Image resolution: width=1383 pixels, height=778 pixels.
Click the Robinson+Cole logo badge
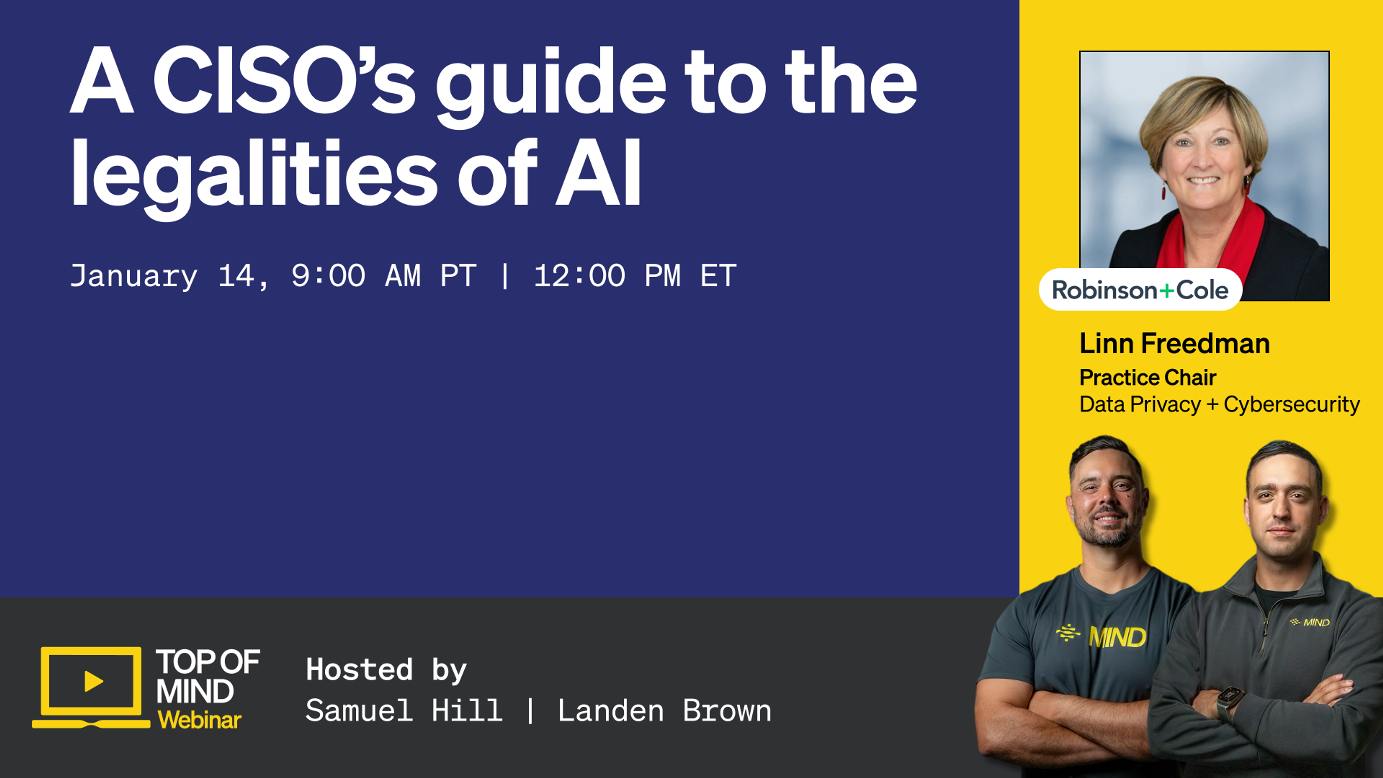click(x=1140, y=290)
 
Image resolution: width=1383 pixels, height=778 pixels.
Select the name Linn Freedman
click(x=1174, y=344)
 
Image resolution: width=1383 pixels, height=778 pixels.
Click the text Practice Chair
click(x=1147, y=377)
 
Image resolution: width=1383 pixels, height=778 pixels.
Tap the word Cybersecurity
click(x=1291, y=404)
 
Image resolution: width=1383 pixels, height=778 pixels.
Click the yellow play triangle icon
click(x=93, y=681)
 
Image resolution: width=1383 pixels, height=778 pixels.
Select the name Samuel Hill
click(x=404, y=711)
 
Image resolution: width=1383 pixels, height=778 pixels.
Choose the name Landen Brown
click(x=664, y=711)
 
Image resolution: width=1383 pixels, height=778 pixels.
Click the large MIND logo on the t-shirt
click(x=1117, y=637)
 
